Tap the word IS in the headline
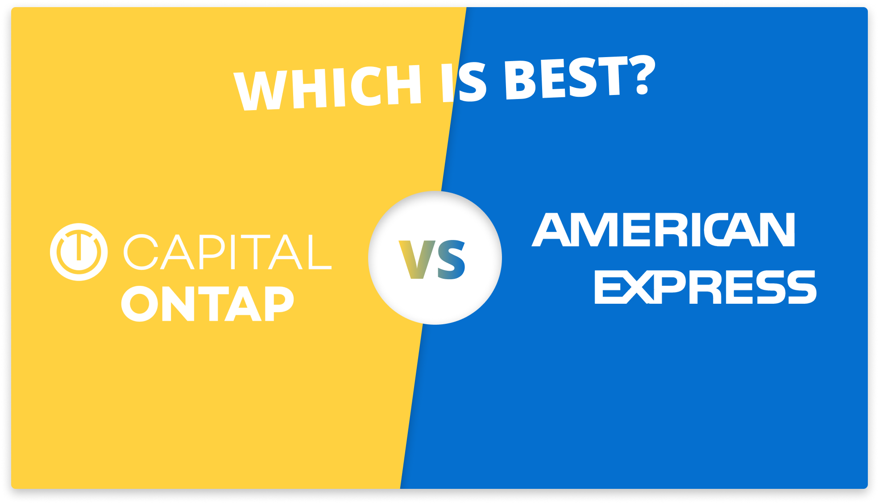click(x=464, y=82)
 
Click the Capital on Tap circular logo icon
click(x=79, y=252)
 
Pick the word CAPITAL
click(x=228, y=252)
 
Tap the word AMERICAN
click(x=663, y=230)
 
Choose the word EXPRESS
click(x=705, y=288)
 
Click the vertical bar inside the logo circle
click(x=79, y=247)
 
